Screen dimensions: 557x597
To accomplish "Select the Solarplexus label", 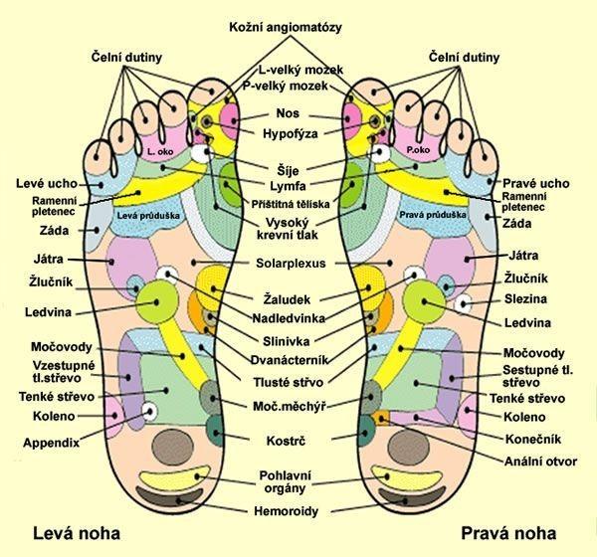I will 297,263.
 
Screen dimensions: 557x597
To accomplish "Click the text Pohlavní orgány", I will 295,482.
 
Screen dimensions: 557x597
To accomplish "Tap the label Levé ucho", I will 43,184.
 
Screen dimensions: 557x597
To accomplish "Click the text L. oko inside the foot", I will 158,151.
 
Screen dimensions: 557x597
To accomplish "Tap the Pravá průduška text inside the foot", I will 427,214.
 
